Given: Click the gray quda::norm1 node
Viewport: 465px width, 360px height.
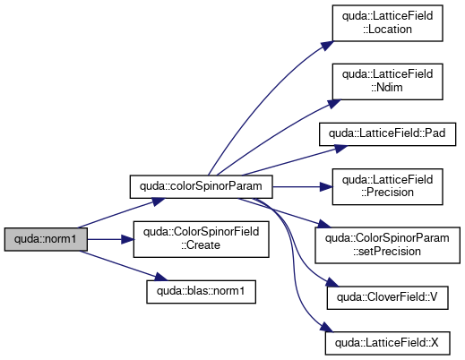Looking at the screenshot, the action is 46,239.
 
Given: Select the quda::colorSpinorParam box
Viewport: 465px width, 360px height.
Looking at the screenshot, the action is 201,186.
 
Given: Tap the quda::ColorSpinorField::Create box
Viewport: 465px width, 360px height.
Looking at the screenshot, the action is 201,239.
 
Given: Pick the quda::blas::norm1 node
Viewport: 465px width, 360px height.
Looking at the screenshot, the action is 201,292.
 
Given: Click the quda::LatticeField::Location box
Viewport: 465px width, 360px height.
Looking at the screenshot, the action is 387,23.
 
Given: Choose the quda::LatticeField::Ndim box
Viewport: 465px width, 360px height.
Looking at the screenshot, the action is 387,81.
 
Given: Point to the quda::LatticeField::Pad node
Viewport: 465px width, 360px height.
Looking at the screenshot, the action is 387,134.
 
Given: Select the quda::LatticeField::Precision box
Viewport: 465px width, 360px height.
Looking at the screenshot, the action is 387,186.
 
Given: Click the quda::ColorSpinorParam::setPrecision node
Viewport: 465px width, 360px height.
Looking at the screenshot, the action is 387,245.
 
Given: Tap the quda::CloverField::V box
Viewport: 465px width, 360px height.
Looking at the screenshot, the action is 387,297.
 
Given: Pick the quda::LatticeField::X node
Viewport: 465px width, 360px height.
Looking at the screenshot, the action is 387,343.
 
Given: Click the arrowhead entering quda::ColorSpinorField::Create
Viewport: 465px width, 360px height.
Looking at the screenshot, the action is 127,239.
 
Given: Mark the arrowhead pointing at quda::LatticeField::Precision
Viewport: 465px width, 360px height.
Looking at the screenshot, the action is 326,187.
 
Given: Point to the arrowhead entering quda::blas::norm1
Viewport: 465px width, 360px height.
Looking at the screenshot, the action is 161,277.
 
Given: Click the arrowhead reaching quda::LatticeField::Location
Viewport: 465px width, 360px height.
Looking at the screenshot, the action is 328,46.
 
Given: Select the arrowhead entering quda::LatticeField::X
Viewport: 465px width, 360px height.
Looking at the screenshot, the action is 326,327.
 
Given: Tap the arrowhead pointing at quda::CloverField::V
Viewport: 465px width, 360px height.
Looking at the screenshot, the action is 332,282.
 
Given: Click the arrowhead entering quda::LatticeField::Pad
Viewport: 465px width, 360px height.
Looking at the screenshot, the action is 340,148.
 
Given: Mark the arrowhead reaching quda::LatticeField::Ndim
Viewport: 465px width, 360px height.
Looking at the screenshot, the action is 334,104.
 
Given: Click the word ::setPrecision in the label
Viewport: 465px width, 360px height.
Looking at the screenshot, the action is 387,252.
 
